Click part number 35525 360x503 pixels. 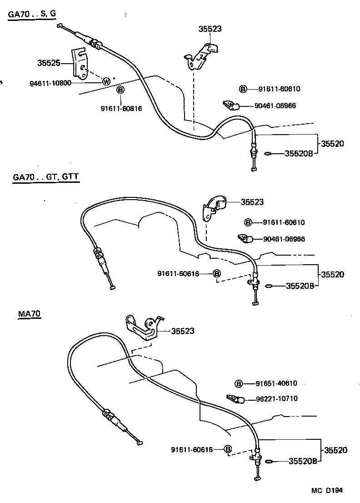tap(49, 63)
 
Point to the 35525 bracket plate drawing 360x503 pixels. tap(80, 63)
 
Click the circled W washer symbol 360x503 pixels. tap(106, 82)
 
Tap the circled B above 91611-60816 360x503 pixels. tap(120, 90)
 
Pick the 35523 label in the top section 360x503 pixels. tap(210, 29)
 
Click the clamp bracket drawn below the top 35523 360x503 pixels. tap(202, 53)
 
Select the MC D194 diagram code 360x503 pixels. tap(326, 491)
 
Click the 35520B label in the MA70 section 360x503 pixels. tap(301, 461)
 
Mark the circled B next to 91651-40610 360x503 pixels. tap(239, 383)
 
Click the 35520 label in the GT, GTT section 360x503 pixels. tap(333, 274)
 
